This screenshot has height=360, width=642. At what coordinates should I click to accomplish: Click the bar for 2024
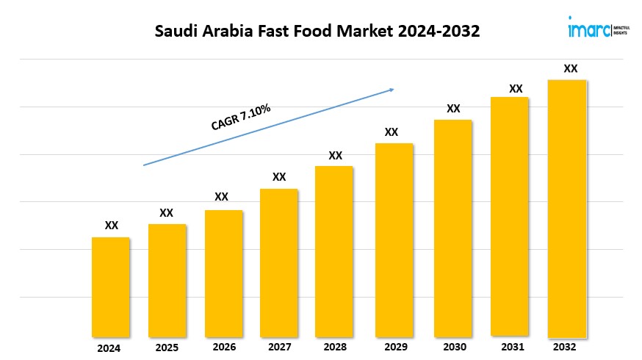111,287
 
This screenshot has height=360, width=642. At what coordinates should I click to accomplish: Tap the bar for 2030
453,228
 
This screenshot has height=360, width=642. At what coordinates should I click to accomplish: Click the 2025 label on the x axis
167,348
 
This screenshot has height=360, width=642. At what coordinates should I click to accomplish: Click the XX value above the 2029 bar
392,132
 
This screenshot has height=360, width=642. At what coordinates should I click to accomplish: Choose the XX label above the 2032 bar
570,68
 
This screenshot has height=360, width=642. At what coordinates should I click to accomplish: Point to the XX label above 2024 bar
112,226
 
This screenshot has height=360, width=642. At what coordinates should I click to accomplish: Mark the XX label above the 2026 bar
221,197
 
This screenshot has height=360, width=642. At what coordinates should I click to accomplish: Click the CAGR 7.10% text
241,118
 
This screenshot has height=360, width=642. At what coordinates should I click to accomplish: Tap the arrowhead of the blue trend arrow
392,90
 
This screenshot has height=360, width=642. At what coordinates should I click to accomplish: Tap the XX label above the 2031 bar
516,89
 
